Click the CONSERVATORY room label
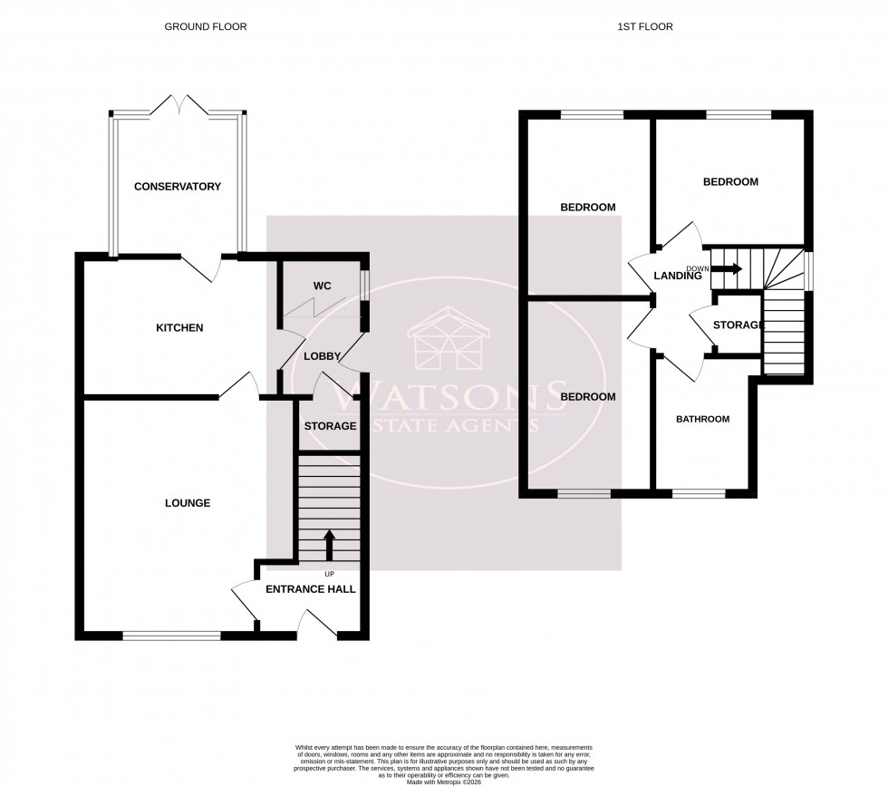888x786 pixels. [x=178, y=187]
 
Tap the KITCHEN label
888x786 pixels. [x=179, y=327]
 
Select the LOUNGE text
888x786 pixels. [x=188, y=503]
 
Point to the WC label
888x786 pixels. [x=322, y=286]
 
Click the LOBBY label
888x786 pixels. [x=322, y=356]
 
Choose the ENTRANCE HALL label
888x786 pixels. [x=310, y=589]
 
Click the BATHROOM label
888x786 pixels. [x=703, y=420]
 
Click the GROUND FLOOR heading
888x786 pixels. [x=205, y=27]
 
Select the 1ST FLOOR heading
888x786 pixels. [x=647, y=27]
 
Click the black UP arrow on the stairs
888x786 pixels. [x=329, y=547]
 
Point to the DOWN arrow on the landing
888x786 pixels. [x=727, y=269]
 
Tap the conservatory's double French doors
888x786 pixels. [x=179, y=105]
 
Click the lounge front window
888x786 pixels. [x=171, y=636]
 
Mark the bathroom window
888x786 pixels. [x=699, y=494]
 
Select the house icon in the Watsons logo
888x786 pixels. [x=450, y=343]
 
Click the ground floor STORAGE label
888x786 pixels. [x=330, y=426]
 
